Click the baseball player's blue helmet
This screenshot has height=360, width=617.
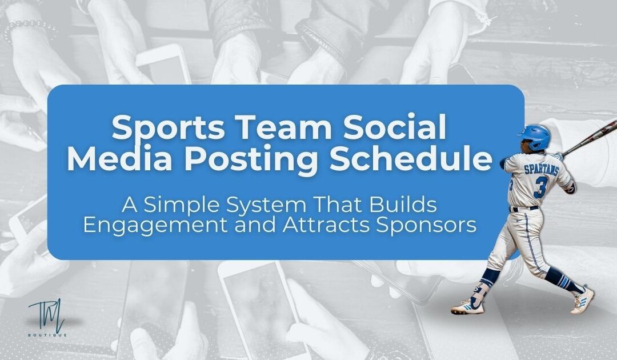(535, 135)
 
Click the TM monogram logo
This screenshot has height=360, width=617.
(46, 314)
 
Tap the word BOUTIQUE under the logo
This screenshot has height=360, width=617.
(47, 334)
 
